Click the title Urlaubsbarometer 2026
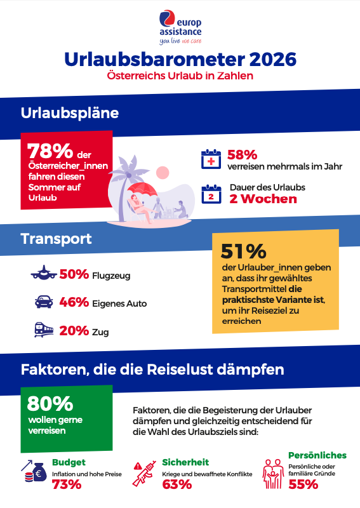tap(180, 60)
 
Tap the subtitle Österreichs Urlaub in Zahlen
tap(180, 76)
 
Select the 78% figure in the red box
tap(50, 152)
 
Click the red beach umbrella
tap(142, 188)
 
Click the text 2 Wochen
tap(263, 199)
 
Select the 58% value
tap(242, 154)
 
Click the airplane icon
tap(44, 274)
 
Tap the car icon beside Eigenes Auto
tap(44, 302)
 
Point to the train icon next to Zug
tap(44, 331)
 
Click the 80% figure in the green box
tap(50, 403)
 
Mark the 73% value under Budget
tap(67, 485)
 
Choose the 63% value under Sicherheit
tap(177, 485)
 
